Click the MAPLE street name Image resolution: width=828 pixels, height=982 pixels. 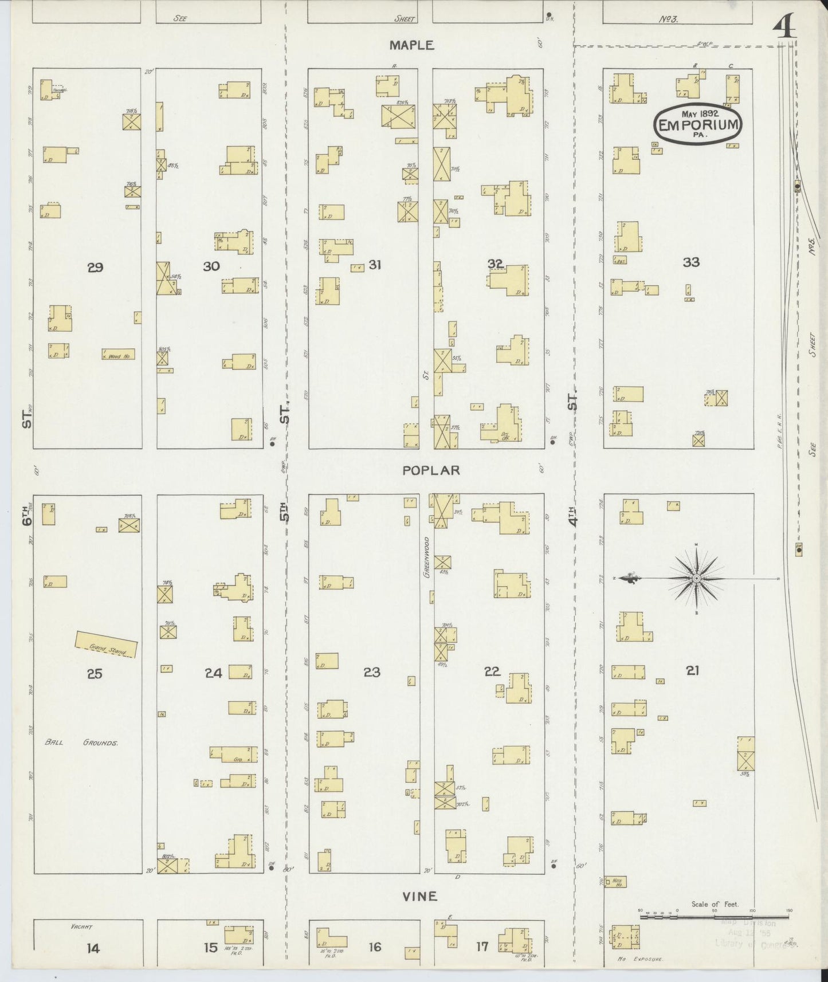413,45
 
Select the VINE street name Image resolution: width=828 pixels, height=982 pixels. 420,895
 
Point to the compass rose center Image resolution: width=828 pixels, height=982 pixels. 696,579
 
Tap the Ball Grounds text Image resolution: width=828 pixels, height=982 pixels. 81,743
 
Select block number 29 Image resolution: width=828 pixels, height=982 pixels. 95,267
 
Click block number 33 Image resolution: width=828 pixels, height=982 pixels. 691,262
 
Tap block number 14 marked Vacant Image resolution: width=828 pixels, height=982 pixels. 93,948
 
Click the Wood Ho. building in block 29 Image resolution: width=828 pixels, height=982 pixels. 119,355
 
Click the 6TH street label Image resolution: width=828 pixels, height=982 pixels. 27,514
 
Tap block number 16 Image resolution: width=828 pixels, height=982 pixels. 374,947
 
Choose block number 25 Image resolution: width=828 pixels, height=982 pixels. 95,674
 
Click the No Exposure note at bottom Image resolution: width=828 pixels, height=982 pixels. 640,959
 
